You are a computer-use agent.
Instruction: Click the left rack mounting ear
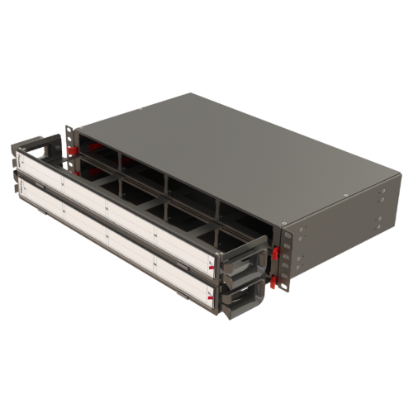pos(69,145)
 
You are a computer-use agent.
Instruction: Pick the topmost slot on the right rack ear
pos(287,233)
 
